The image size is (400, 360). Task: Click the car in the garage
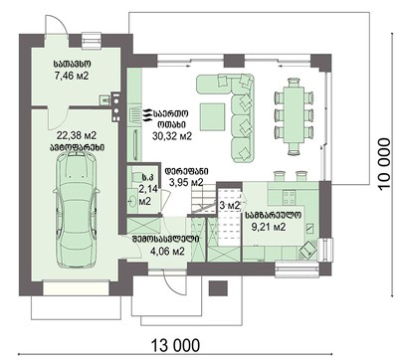(x=76, y=210)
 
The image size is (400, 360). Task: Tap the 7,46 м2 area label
(x=72, y=76)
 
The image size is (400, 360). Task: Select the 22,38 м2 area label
(x=77, y=135)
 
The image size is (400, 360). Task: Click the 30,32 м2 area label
(x=172, y=136)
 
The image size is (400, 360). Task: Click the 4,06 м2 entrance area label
(x=167, y=252)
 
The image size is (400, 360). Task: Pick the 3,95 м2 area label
(x=186, y=182)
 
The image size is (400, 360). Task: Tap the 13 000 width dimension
(x=176, y=345)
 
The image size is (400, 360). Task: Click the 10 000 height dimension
(x=384, y=164)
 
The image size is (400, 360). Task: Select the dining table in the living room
(x=295, y=114)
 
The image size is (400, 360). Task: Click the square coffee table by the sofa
(x=213, y=116)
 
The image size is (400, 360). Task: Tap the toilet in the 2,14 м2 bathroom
(x=136, y=176)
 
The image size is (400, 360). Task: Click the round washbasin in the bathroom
(x=132, y=201)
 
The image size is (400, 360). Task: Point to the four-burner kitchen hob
(x=289, y=198)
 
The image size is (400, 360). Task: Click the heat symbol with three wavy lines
(x=147, y=115)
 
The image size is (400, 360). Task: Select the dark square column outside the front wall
(x=218, y=288)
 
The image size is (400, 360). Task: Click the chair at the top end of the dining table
(x=294, y=82)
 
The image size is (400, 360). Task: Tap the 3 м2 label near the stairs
(x=229, y=206)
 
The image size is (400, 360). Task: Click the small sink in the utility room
(x=104, y=99)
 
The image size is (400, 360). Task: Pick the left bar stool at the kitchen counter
(x=279, y=176)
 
